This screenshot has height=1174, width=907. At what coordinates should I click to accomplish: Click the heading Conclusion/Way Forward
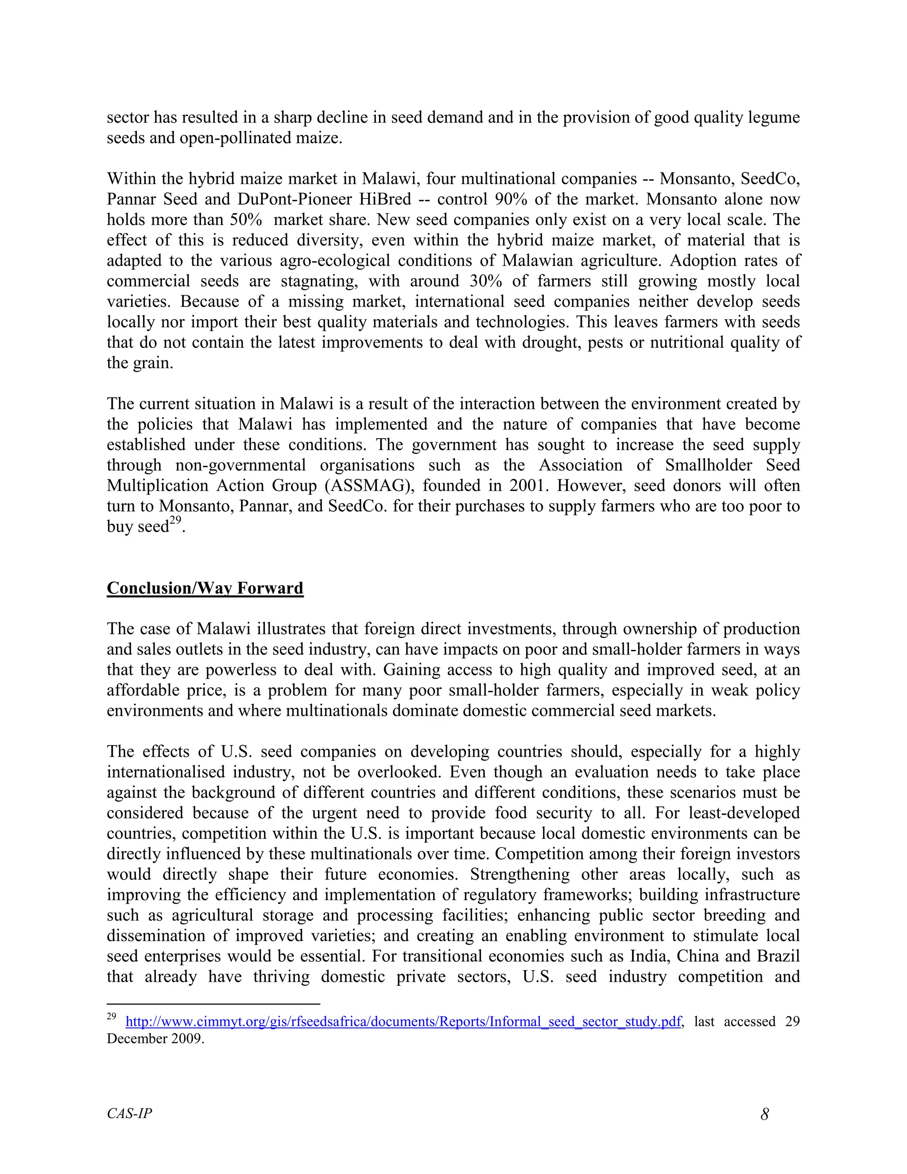pyautogui.click(x=205, y=588)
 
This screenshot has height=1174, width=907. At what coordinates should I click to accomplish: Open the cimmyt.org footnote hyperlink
pyautogui.click(x=403, y=1021)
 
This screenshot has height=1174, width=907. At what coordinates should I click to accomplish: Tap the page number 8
pyautogui.click(x=764, y=1114)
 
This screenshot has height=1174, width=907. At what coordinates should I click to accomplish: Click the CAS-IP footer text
pyautogui.click(x=129, y=1113)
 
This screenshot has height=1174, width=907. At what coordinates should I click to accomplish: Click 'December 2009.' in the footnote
pyautogui.click(x=155, y=1038)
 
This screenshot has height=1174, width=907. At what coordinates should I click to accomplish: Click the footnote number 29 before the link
pyautogui.click(x=111, y=1016)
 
